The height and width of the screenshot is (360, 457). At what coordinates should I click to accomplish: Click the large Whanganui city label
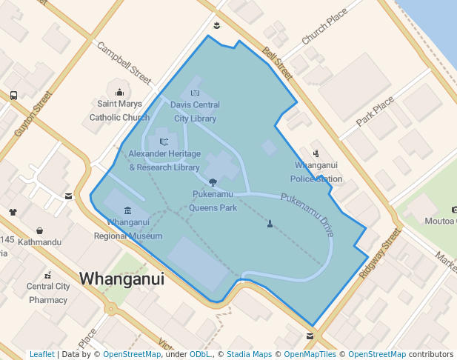click(121, 278)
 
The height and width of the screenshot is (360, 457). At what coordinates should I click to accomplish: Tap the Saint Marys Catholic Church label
click(119, 110)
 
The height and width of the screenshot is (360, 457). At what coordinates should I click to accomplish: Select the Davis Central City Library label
click(196, 112)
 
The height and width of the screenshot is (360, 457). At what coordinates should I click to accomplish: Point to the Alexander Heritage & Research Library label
click(164, 160)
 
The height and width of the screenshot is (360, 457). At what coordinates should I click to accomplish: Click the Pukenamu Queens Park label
click(213, 201)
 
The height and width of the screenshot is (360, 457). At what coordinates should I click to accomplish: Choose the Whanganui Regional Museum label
click(128, 229)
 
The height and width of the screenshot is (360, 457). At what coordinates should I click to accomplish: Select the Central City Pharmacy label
click(48, 293)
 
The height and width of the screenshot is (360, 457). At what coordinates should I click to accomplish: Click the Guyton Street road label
click(33, 113)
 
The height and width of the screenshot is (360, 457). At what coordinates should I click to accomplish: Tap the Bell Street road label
click(278, 64)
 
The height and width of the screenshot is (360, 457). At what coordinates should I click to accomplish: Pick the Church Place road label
click(324, 27)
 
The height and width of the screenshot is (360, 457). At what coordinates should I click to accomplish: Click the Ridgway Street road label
click(379, 253)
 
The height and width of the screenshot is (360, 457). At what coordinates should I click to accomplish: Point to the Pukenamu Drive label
click(308, 214)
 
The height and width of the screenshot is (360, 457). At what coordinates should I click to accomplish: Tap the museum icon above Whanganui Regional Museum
click(128, 210)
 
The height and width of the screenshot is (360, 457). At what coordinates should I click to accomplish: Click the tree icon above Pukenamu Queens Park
click(213, 181)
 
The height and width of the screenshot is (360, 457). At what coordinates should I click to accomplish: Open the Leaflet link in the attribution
click(41, 354)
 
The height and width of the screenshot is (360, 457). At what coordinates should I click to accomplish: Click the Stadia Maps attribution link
click(249, 354)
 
